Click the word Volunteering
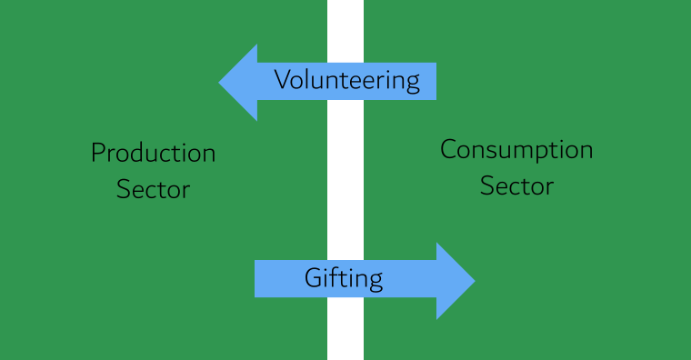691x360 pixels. pyautogui.click(x=346, y=81)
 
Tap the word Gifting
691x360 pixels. pyautogui.click(x=343, y=278)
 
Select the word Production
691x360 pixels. pyautogui.click(x=153, y=153)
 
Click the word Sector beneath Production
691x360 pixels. pyautogui.click(x=153, y=190)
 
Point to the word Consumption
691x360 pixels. pyautogui.click(x=516, y=150)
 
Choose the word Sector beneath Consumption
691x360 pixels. pyautogui.click(x=516, y=186)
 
